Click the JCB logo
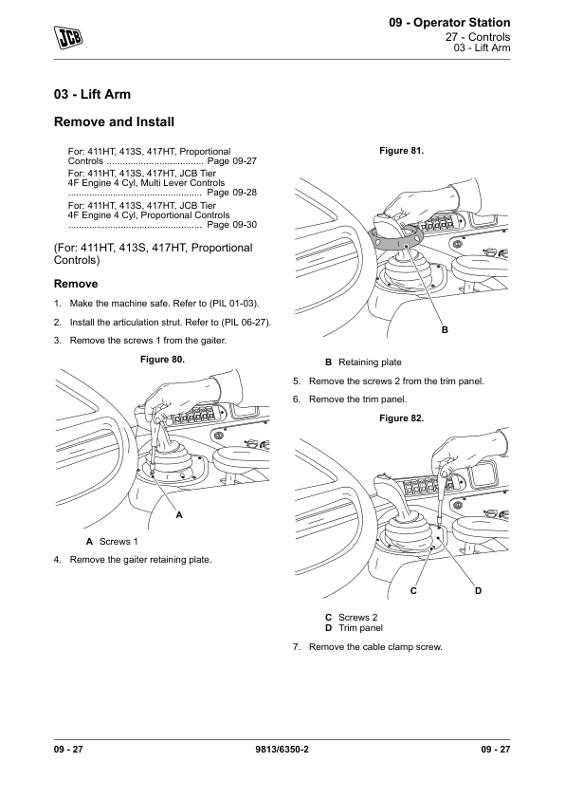point(68,37)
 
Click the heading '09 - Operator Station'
point(449,23)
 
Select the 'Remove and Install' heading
point(114,121)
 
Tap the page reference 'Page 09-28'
point(232,193)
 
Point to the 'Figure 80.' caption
point(162,360)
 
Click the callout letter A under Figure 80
point(179,515)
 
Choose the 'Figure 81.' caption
point(402,150)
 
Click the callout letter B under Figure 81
point(445,329)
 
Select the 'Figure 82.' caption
point(402,418)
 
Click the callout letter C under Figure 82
point(413,590)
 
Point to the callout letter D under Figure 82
point(478,590)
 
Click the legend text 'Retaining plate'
point(370,362)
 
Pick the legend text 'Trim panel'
point(360,628)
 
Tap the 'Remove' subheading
point(76,284)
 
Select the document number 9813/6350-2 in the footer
point(282,749)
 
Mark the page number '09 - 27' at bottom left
point(68,749)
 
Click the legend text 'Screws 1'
point(118,541)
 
